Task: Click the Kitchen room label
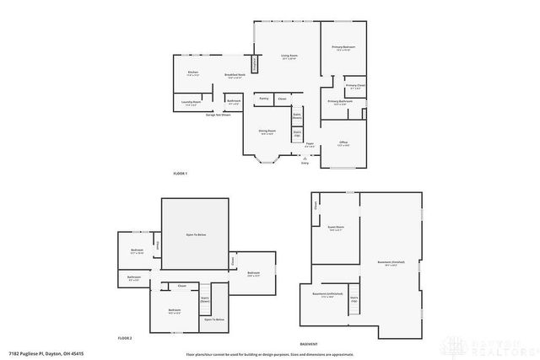coord(192,73)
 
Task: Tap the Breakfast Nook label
coord(235,76)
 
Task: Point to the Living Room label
coord(288,56)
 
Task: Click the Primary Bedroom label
coord(343,47)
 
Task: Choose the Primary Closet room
coord(354,86)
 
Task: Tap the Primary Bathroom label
coord(340,102)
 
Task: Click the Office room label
coord(343,143)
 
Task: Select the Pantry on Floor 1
coord(264,98)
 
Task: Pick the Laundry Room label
coord(192,103)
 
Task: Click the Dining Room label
coord(268,133)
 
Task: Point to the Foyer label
coord(310,144)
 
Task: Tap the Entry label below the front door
coord(305,163)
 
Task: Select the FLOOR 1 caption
coord(180,173)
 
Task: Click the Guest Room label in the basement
coord(336,228)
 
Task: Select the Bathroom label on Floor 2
coord(133,277)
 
